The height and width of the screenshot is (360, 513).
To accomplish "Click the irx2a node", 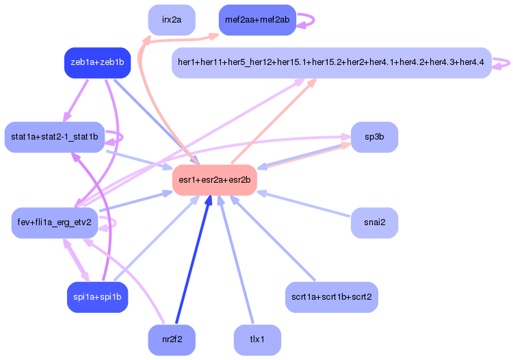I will click(x=172, y=20).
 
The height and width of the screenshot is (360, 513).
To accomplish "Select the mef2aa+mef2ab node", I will click(x=256, y=20).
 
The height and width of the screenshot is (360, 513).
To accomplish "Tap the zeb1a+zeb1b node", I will click(x=97, y=62).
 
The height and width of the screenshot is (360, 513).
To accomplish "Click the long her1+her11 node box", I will click(x=331, y=63).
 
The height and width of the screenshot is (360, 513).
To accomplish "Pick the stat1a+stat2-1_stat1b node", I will click(x=55, y=137).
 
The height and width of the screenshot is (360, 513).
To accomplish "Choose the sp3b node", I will click(x=374, y=137).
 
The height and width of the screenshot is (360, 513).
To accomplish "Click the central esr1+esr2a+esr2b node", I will click(x=214, y=180).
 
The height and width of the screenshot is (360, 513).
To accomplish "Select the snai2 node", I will click(x=374, y=222).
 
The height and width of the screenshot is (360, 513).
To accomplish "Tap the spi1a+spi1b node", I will click(x=97, y=298).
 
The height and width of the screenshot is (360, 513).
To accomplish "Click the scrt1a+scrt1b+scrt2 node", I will click(x=332, y=298).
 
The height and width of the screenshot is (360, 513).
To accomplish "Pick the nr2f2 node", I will click(x=172, y=340).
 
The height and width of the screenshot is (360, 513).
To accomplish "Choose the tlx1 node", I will click(x=257, y=340).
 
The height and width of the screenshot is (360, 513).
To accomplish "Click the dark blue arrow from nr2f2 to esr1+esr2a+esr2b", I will click(x=193, y=260).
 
